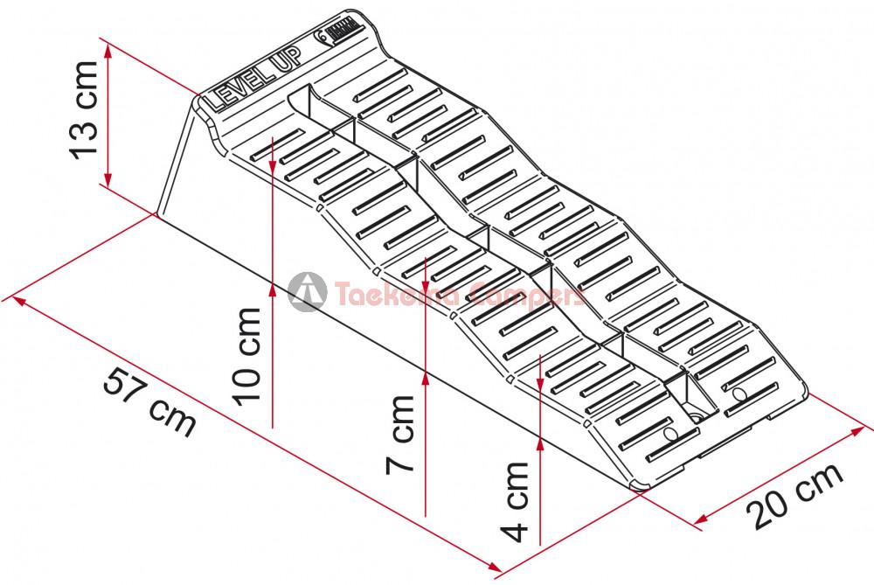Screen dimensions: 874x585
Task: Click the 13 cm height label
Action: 84,110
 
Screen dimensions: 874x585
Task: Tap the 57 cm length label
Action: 149,401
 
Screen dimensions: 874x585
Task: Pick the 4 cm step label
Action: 515,501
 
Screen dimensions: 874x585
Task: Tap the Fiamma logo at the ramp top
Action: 337,32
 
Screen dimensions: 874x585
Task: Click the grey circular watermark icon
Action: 307,292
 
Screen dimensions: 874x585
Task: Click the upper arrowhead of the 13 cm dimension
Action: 108,52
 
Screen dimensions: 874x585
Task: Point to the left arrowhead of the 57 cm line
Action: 19,301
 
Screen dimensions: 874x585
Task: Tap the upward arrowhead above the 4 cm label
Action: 539,444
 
